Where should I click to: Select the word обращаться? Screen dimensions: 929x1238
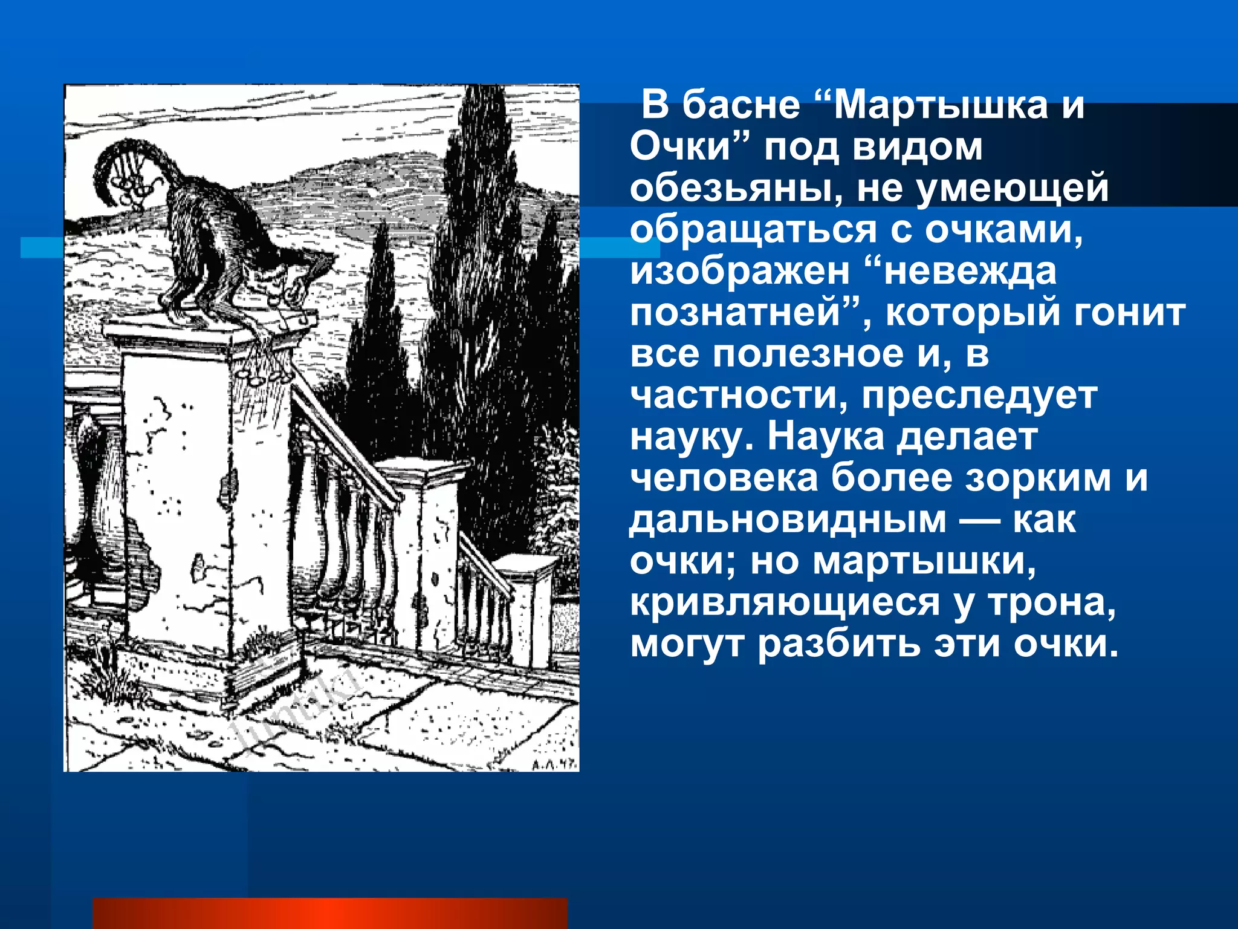point(753,230)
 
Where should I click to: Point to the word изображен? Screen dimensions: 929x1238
point(740,272)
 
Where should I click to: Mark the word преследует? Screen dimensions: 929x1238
point(979,396)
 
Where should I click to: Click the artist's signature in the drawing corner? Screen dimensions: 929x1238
point(551,763)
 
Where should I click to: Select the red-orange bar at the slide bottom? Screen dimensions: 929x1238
point(330,913)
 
